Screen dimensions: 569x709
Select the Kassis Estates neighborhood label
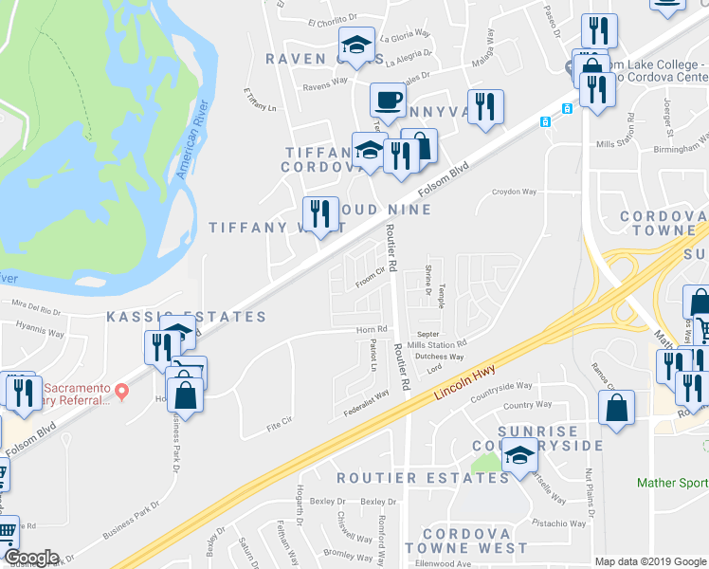[186, 316]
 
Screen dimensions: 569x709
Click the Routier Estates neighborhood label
[423, 478]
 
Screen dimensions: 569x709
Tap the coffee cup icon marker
[389, 100]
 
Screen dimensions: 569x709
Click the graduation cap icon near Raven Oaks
[356, 45]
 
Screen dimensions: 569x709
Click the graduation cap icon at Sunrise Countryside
[518, 458]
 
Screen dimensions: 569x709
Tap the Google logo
[30, 558]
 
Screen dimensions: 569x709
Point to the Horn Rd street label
[366, 329]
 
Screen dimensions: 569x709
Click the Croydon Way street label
[514, 192]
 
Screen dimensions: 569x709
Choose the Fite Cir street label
[279, 428]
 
